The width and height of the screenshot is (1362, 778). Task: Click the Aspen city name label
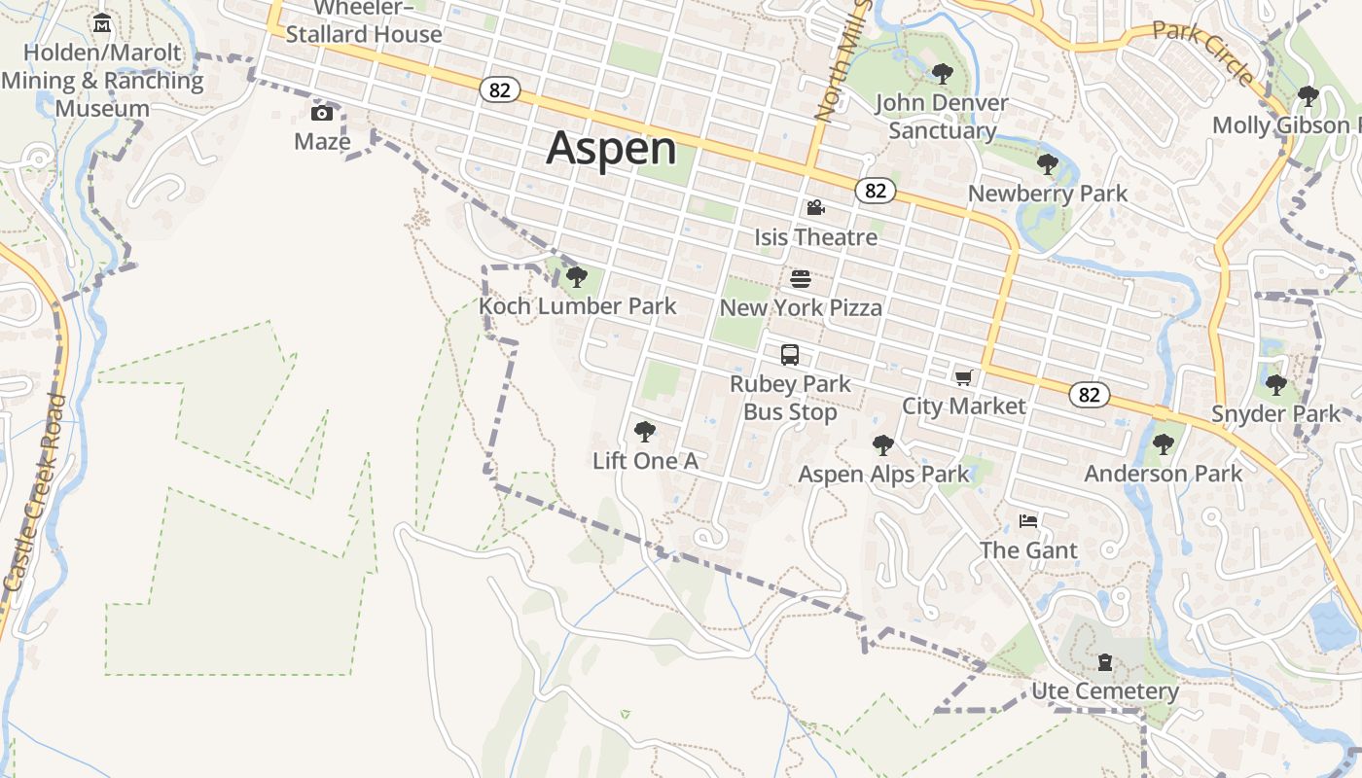[611, 149]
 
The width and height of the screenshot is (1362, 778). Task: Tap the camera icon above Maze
[322, 114]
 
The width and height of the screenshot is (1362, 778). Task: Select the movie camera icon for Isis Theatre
[815, 207]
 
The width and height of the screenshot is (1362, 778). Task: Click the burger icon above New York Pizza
[801, 280]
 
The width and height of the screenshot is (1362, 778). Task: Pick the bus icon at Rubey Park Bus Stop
[790, 355]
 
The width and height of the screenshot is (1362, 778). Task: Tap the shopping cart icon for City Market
[963, 377]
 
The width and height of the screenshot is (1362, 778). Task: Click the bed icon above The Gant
[1028, 521]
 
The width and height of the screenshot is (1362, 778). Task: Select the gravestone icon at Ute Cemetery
[1105, 663]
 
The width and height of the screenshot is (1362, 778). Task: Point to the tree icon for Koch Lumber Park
[577, 277]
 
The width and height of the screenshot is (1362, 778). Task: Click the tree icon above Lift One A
[644, 432]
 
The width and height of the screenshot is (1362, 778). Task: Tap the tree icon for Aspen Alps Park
[883, 445]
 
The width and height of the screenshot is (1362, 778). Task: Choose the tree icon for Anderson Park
[1163, 444]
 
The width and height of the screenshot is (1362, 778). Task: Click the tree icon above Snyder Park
[1275, 385]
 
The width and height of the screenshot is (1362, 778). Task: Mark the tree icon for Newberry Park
[1047, 164]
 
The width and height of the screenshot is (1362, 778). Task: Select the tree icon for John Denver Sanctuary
[942, 73]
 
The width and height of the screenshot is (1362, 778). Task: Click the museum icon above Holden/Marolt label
[102, 22]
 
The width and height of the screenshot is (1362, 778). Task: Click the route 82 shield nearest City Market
[1089, 394]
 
